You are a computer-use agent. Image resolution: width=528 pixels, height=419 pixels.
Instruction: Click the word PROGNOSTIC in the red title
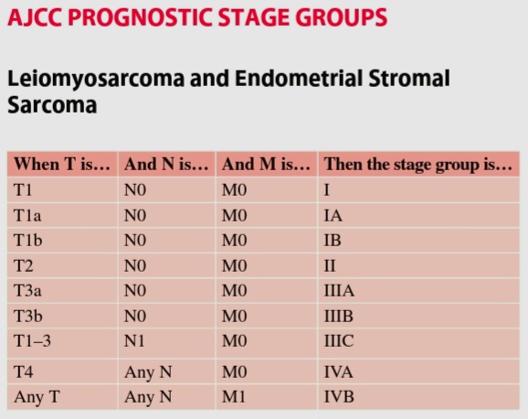point(141,17)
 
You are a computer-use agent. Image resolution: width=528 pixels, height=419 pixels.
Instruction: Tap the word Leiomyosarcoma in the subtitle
point(96,80)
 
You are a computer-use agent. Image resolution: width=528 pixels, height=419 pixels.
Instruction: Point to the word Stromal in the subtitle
point(409,79)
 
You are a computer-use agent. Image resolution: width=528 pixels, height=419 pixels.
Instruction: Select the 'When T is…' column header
point(62,165)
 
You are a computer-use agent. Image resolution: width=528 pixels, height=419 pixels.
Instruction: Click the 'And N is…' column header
point(166,165)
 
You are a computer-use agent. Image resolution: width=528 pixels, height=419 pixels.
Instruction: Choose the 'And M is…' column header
point(266,165)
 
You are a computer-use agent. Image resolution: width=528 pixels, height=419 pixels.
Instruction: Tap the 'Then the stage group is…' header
point(418,165)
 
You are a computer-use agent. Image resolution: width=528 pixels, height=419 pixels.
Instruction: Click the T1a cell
point(27,216)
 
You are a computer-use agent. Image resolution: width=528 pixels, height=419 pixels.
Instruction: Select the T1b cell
point(28,241)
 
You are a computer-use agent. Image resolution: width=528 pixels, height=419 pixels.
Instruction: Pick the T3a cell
point(27,291)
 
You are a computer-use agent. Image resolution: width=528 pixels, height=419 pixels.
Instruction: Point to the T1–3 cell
point(32,340)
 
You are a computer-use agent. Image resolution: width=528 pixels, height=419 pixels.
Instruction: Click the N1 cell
point(134,340)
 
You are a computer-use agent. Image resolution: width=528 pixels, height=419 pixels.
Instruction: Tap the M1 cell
point(234,396)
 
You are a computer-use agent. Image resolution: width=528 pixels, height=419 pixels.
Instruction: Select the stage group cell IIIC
point(339,340)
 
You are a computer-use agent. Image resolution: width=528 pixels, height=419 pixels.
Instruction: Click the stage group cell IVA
point(338,372)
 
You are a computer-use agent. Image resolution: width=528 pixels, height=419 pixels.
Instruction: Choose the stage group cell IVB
point(339,396)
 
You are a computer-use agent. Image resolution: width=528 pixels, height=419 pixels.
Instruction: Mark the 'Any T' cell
point(37,397)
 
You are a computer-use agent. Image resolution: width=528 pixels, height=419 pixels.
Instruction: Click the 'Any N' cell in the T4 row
point(148,372)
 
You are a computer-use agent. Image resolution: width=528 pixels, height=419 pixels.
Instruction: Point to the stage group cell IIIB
point(338,317)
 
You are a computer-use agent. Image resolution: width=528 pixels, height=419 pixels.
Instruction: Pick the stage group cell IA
point(333,216)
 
